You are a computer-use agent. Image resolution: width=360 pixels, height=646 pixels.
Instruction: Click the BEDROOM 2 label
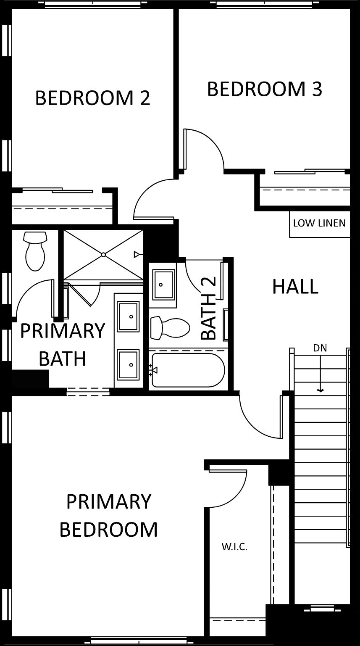point(92,98)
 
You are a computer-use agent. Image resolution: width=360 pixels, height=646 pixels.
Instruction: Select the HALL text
point(295,286)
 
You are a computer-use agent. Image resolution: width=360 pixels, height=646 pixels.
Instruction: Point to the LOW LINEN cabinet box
point(319,224)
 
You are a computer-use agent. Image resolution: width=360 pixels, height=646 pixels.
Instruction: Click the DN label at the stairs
point(320,348)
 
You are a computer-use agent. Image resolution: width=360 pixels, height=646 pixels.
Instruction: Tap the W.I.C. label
point(234,546)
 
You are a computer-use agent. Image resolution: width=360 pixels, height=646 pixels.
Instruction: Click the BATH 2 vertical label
point(208,308)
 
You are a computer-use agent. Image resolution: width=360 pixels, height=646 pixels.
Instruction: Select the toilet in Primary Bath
point(35,251)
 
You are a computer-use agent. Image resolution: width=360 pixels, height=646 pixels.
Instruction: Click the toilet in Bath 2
point(170,327)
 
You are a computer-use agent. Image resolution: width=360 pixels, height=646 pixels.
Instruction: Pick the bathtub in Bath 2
point(188,370)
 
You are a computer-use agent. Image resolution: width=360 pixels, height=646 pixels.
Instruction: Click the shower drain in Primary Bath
point(103,255)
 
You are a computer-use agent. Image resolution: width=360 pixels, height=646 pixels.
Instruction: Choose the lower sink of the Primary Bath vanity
point(128,364)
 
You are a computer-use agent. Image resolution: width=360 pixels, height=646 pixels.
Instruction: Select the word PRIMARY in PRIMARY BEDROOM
point(109,501)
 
